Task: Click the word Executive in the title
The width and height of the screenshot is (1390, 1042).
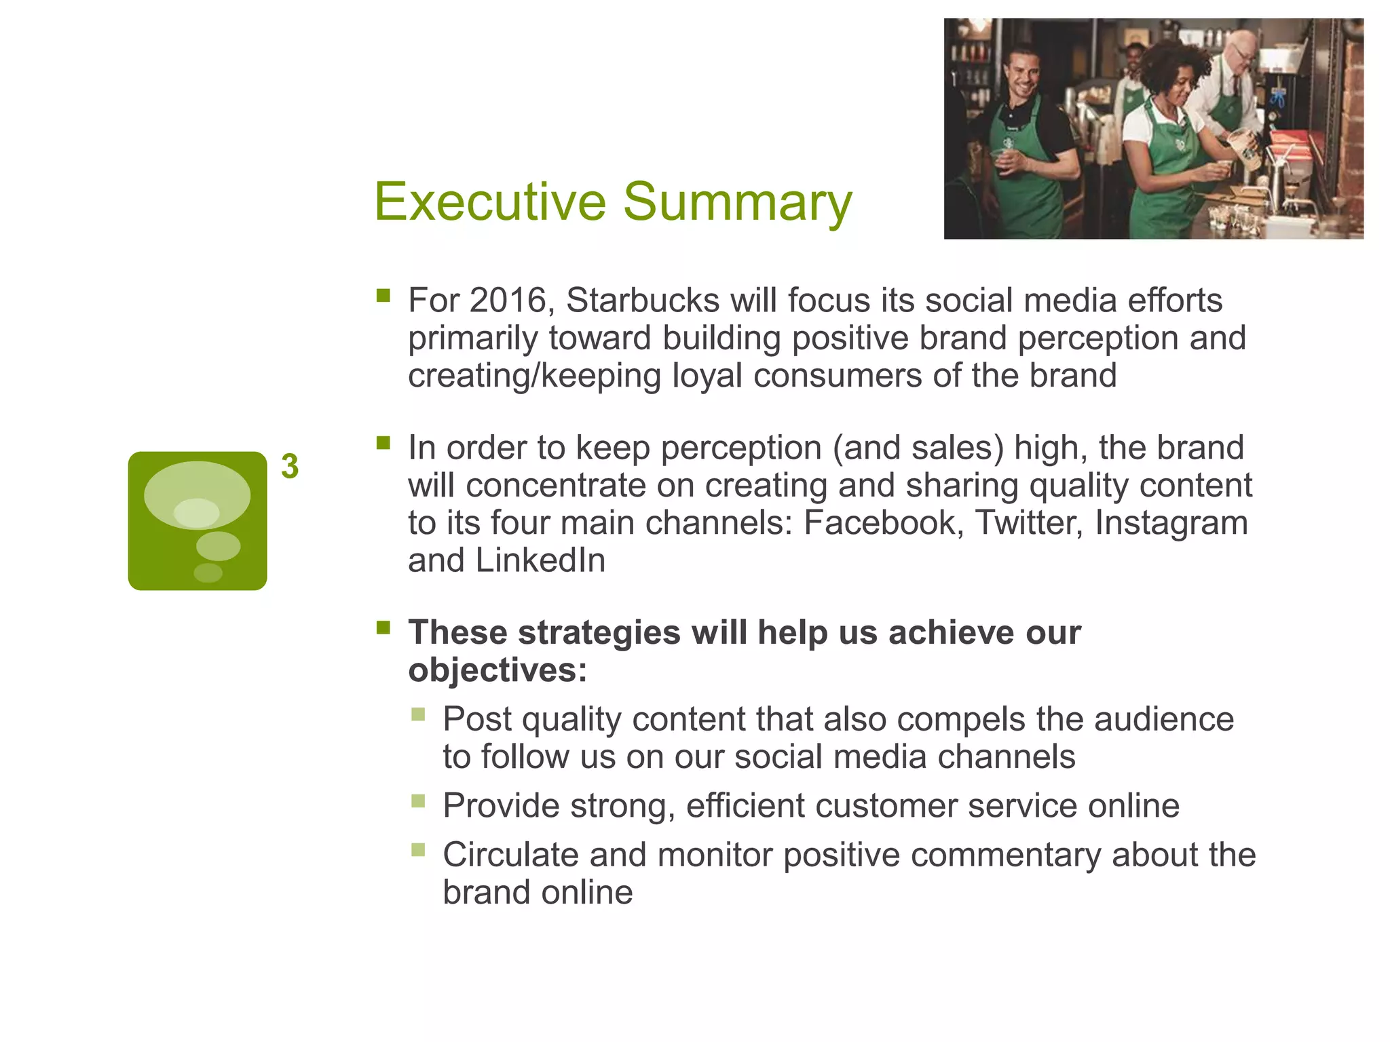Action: pos(489,201)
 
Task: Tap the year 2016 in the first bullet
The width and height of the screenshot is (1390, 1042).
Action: pos(508,301)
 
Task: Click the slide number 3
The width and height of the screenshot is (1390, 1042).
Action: pos(290,467)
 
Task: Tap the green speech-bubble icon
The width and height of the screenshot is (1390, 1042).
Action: pos(198,520)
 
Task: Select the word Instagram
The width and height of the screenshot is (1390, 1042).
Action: pos(1171,523)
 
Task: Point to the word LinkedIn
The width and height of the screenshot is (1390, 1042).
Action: pos(540,560)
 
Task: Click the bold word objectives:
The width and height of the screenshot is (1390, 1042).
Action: pos(497,670)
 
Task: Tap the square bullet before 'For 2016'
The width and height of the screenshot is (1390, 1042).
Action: pos(383,295)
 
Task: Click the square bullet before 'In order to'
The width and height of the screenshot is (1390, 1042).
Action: pos(383,443)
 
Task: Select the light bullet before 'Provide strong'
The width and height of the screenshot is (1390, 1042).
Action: pos(418,801)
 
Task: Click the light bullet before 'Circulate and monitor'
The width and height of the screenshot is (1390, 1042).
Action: pos(418,850)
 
